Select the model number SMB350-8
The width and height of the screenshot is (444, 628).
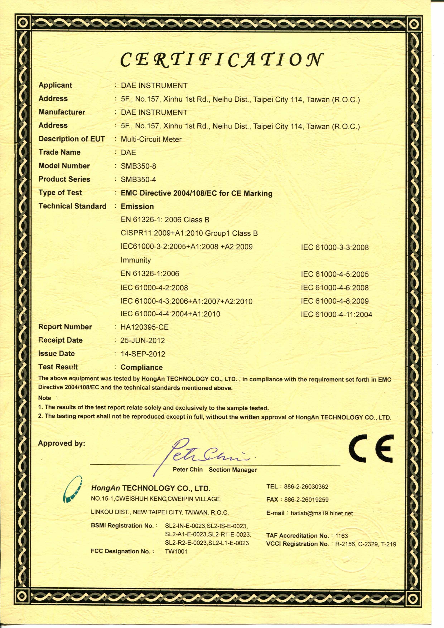click(138, 166)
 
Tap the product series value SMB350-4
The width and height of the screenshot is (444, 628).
click(138, 180)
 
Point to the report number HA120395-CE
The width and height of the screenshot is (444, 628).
click(144, 327)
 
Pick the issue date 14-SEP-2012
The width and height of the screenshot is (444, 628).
click(143, 354)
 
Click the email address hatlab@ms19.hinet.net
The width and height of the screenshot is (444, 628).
click(322, 513)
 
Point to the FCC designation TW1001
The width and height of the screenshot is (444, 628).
click(176, 551)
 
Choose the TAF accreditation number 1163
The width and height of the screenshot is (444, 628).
click(341, 535)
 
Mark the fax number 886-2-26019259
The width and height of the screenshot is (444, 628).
click(306, 500)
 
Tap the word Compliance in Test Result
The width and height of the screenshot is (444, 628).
click(141, 367)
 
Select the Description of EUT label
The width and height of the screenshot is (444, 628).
click(71, 139)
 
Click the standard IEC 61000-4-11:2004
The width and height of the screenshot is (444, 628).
click(336, 315)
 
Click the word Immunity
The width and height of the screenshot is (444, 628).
click(136, 260)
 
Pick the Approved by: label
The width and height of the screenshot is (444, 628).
click(62, 443)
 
